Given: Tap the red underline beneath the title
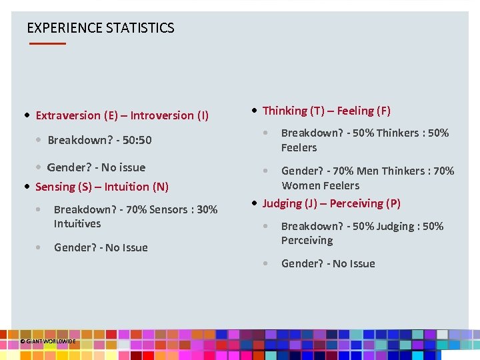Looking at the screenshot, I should pyautogui.click(x=47, y=43).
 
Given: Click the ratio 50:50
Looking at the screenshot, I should pyautogui.click(x=137, y=140).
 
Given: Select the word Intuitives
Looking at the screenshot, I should pyautogui.click(x=77, y=224).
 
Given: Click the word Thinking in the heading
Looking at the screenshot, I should pyautogui.click(x=285, y=111).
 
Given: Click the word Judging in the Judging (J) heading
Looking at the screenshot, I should pyautogui.click(x=283, y=203).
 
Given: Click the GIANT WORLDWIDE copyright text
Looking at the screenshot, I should pyautogui.click(x=48, y=341).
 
